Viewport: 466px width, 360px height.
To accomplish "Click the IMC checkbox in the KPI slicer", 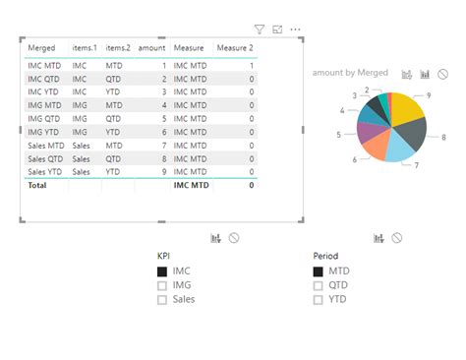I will point(162,271).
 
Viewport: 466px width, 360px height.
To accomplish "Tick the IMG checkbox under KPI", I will point(162,285).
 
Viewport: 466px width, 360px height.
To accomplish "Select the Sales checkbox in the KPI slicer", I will point(162,300).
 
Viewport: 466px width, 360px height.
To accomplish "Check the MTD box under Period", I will point(318,271).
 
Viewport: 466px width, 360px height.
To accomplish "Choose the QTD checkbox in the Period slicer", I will point(318,285).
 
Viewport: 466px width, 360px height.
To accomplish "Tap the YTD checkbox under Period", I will point(318,300).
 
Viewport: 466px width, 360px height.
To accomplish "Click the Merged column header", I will point(42,47).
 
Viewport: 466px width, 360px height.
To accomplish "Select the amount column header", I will point(151,47).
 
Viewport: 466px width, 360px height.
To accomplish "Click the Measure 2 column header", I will point(234,47).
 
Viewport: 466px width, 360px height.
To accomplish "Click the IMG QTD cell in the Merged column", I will point(45,118).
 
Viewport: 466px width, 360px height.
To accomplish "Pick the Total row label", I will point(37,185).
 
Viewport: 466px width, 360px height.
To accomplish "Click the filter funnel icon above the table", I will point(260,30).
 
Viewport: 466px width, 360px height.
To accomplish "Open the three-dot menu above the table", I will point(295,30).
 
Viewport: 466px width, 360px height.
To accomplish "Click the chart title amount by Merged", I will point(350,73).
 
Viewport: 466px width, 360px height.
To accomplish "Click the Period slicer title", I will point(325,256).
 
